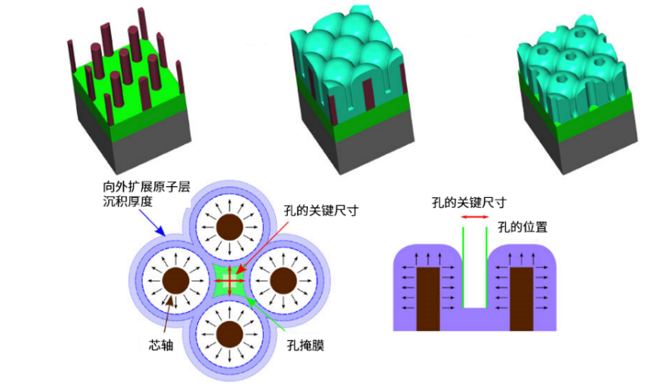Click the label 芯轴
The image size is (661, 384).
(162, 346)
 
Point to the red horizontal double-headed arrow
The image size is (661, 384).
(474, 216)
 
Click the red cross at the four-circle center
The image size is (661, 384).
(230, 281)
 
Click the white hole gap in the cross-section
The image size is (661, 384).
(476, 273)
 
